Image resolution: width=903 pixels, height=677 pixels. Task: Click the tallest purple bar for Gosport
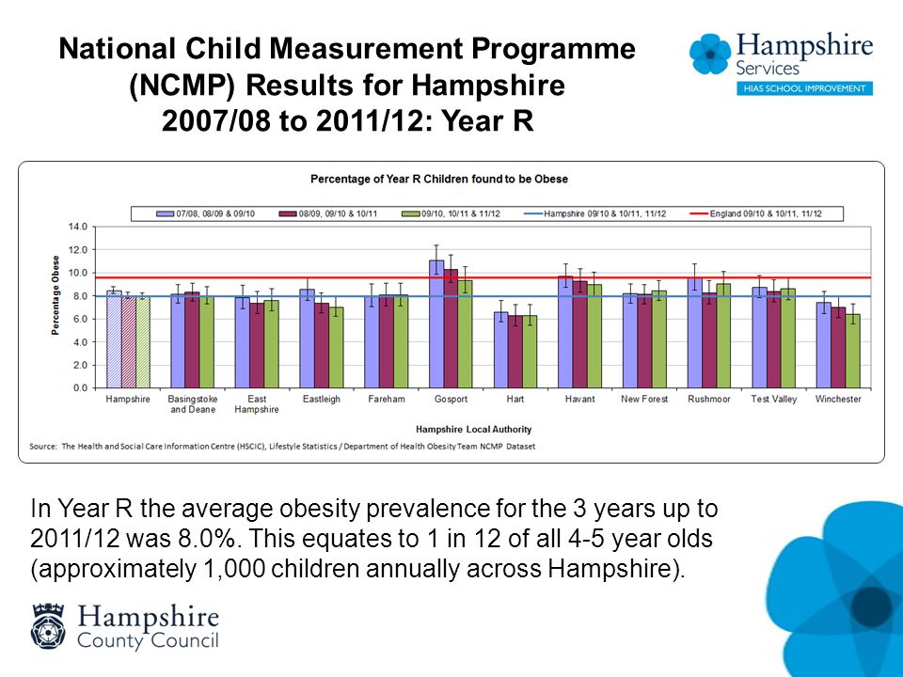point(436,324)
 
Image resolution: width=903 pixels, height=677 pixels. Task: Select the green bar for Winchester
point(852,351)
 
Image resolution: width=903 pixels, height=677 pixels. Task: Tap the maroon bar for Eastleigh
point(322,345)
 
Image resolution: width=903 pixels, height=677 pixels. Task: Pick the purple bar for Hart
point(501,350)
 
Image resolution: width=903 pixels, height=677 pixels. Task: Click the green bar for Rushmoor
point(723,336)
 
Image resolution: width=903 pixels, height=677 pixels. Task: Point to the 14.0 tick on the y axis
point(78,227)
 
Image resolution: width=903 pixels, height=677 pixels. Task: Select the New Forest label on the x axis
point(644,399)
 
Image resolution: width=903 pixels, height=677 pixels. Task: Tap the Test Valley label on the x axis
point(773,399)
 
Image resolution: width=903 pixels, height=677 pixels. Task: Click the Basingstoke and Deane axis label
point(193,404)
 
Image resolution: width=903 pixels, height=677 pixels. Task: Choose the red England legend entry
point(755,213)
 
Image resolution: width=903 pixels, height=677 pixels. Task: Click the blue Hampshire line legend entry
point(594,213)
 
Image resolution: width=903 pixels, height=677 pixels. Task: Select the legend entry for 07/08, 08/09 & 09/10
point(206,213)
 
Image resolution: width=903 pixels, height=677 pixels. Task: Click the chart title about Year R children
point(439,179)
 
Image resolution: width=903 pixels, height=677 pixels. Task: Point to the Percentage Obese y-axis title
point(55,295)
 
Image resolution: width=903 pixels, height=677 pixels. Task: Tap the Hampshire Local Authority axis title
point(473,430)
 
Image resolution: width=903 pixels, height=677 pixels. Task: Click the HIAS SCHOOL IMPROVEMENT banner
point(804,88)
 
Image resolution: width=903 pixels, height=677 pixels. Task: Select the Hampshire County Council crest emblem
point(48,626)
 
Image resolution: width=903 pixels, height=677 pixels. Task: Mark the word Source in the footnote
point(43,446)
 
